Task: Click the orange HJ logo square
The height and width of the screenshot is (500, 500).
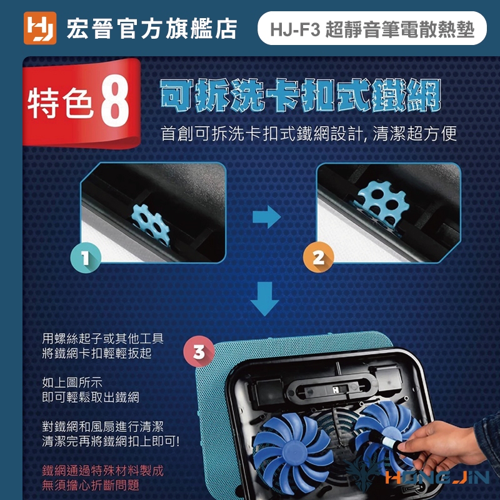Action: [x=40, y=28]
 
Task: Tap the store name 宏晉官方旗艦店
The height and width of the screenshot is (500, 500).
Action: [x=152, y=29]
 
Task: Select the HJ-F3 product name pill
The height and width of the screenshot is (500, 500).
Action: [x=372, y=28]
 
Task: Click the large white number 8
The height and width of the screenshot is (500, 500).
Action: [x=115, y=101]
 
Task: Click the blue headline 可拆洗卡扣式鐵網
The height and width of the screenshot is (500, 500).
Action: [x=301, y=96]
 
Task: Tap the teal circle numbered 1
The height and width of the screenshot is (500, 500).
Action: [x=86, y=257]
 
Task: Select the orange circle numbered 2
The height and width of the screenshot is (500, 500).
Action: [x=318, y=257]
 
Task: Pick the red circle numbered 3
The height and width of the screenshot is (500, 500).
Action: [x=199, y=352]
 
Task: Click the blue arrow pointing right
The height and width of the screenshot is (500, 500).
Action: [x=267, y=217]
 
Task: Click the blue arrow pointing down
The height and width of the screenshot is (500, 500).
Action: [x=264, y=299]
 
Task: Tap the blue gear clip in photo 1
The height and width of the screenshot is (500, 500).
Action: [x=151, y=224]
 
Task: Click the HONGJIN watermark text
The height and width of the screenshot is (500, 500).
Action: [x=437, y=477]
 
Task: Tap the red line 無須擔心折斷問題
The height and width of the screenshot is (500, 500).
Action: [x=91, y=486]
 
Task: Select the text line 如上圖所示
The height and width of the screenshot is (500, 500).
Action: [x=72, y=382]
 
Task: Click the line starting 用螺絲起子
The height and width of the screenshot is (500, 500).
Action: [x=102, y=338]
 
